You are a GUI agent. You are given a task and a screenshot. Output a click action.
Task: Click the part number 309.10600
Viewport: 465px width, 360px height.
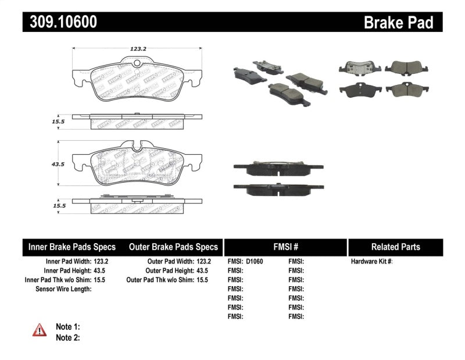click(60, 22)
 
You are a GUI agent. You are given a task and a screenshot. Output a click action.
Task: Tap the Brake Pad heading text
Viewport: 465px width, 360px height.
click(398, 22)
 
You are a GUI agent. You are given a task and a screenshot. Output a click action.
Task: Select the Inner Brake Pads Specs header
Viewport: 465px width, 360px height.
click(72, 247)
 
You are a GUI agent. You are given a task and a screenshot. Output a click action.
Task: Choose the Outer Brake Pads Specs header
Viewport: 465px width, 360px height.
click(173, 247)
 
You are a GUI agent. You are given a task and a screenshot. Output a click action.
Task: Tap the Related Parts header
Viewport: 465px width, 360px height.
click(395, 247)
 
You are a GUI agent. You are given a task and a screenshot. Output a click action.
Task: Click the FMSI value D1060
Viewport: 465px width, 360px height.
click(255, 262)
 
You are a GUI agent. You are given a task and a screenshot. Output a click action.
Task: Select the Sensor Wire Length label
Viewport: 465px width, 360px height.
click(63, 289)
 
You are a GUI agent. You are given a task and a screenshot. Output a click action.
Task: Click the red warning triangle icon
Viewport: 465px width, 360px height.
click(39, 330)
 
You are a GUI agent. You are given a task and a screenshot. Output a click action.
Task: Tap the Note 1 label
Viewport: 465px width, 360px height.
click(67, 327)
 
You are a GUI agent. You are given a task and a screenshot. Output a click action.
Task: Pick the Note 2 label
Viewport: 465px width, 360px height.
click(67, 337)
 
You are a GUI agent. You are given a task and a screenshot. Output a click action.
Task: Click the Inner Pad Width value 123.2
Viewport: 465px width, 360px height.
click(101, 262)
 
